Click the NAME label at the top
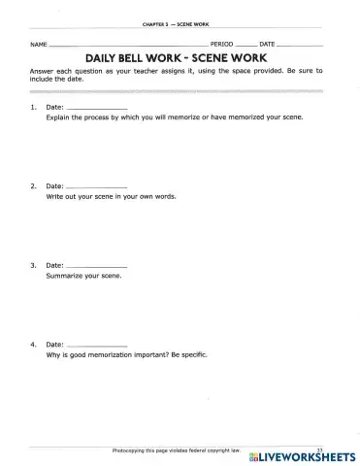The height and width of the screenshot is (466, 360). tap(38, 46)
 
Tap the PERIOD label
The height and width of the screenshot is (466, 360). tap(222, 46)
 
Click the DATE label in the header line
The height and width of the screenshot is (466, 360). tap(268, 46)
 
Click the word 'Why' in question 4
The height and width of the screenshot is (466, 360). tap(53, 354)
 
